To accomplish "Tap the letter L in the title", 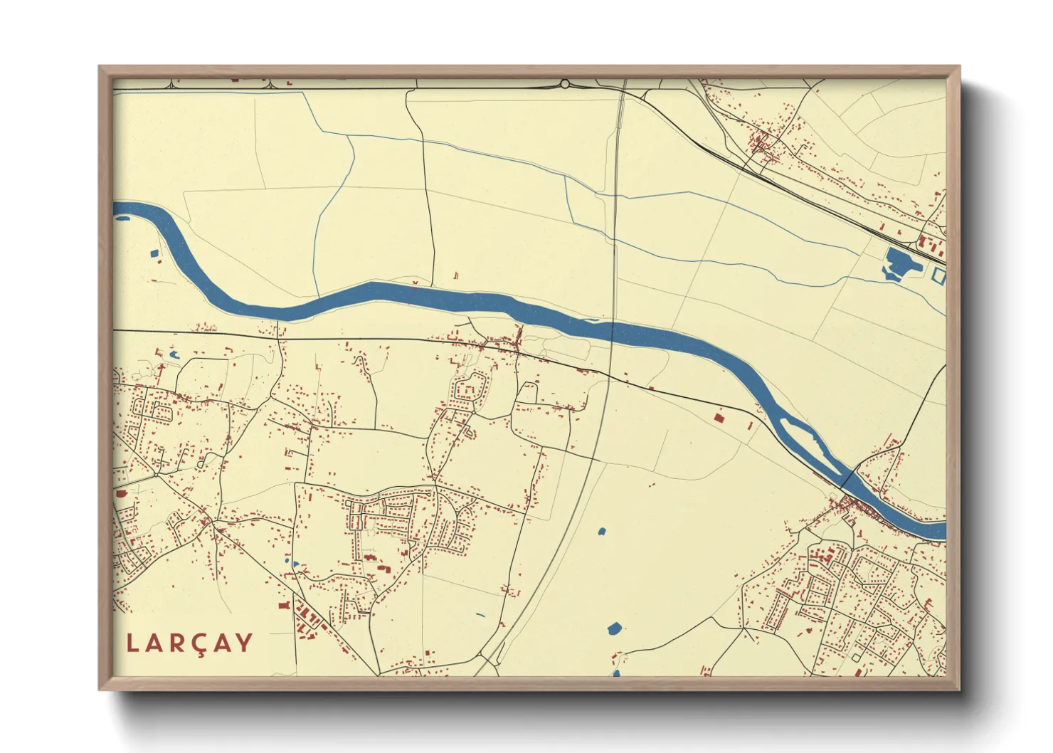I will click(132, 643).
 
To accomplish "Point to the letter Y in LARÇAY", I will click(244, 643).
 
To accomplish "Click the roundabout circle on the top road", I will click(565, 84).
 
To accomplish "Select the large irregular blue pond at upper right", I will click(898, 263).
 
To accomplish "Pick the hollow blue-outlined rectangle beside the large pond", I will click(938, 276).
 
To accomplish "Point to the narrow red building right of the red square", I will click(750, 426).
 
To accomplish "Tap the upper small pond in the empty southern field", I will click(602, 531).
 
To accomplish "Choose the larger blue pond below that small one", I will click(614, 628).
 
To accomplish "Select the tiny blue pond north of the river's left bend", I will click(154, 253).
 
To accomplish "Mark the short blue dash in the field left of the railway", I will click(480, 615).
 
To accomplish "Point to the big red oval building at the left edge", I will click(120, 493).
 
